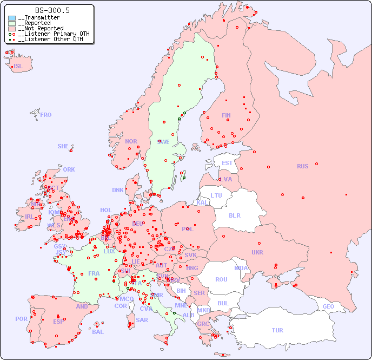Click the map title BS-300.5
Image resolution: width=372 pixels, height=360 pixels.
(x=52, y=10)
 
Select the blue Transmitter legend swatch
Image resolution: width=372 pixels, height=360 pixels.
(x=12, y=18)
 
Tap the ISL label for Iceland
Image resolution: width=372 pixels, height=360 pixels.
(x=18, y=67)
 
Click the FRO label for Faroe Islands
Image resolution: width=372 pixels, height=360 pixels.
(x=46, y=115)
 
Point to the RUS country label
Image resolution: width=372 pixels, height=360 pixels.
(x=302, y=166)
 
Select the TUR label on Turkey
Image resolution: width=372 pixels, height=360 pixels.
(x=277, y=330)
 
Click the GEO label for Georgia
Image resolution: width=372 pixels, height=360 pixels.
(x=328, y=306)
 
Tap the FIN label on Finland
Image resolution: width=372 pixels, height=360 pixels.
(x=226, y=115)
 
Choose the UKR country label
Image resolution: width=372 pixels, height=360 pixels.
(x=257, y=252)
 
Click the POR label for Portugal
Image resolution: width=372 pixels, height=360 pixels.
(x=21, y=319)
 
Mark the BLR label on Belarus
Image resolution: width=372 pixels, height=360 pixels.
(x=234, y=215)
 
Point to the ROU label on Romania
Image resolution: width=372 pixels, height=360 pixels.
(x=221, y=279)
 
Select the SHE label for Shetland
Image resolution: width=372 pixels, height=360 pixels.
(x=63, y=146)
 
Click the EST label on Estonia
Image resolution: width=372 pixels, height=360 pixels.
(x=227, y=163)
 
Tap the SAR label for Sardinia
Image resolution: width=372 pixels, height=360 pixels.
(x=142, y=320)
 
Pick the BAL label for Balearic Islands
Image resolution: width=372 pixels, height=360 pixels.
(x=97, y=332)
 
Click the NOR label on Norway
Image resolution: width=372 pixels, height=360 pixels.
(x=131, y=141)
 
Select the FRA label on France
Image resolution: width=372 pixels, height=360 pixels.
(x=94, y=273)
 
